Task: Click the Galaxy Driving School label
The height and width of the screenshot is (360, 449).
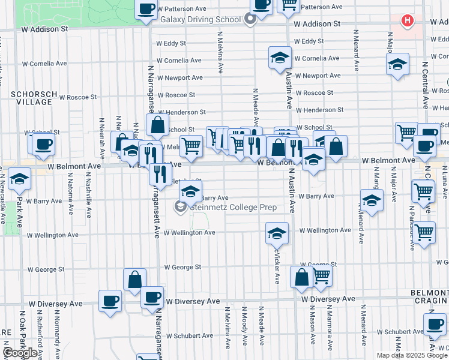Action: [200, 19]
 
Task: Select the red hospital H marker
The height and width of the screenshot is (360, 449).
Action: [408, 21]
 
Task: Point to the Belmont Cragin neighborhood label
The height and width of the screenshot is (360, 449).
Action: [429, 296]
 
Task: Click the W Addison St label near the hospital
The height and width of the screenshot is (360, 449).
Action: [318, 25]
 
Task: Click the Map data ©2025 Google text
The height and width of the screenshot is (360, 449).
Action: [412, 355]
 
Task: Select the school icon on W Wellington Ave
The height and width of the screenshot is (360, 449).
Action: [277, 233]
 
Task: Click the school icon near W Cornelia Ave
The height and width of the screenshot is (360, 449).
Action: [280, 58]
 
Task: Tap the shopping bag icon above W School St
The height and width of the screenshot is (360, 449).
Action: [157, 126]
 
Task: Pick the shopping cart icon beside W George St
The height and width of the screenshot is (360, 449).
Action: [321, 276]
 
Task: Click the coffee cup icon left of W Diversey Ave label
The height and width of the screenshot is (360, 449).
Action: [109, 301]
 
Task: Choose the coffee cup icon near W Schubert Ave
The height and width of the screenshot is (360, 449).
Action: [434, 324]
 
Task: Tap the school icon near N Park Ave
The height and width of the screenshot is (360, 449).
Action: [19, 178]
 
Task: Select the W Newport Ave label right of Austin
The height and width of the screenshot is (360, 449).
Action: [321, 76]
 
